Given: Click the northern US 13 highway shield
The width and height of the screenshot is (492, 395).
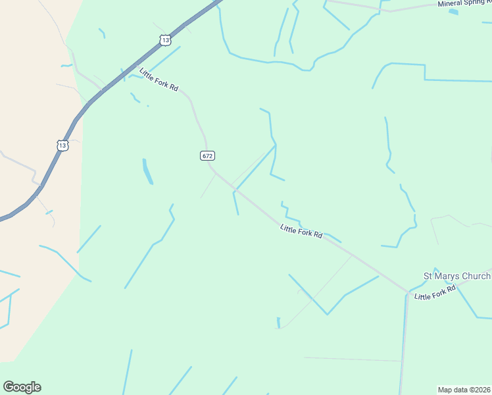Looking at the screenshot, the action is (x=165, y=40).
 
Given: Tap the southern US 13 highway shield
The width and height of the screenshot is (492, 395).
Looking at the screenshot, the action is (x=62, y=145).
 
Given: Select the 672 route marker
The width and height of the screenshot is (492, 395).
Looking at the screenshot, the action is (x=207, y=156).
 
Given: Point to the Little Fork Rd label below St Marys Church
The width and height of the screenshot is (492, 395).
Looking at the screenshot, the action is (x=435, y=293).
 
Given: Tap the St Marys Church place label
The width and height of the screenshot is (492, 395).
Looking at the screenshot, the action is (x=456, y=276).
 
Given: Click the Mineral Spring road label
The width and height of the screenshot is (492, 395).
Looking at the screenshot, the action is (x=464, y=3).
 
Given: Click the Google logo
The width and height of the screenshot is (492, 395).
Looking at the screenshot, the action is (x=22, y=387).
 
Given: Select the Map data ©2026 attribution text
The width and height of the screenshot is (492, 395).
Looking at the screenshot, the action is (x=464, y=389).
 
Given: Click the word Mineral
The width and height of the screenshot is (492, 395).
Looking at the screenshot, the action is (x=452, y=4).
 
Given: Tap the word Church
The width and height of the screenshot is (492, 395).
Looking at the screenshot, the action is (x=476, y=276).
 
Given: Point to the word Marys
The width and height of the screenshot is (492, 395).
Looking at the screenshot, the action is (x=446, y=276).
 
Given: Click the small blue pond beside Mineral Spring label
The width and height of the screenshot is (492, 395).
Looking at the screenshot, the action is (x=453, y=12).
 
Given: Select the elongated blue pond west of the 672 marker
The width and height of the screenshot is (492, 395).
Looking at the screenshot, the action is (x=147, y=171).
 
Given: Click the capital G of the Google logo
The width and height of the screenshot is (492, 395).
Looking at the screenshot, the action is (x=9, y=386).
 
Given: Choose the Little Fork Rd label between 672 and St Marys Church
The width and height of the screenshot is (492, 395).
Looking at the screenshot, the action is (x=301, y=231).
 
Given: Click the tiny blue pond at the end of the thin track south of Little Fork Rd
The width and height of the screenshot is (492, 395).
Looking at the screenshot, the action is (x=279, y=323).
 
